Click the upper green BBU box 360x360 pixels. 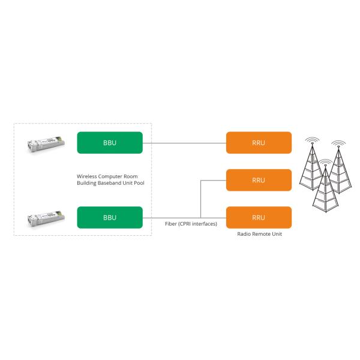coord(110,143)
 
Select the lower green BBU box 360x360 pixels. coord(110,217)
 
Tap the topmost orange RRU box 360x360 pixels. coord(259,143)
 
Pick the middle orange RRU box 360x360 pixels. coord(259,180)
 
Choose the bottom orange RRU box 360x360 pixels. coord(259,217)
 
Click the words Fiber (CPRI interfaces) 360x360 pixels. coord(191,224)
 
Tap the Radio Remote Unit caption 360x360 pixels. coord(259,234)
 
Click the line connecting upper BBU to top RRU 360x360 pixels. coord(184,143)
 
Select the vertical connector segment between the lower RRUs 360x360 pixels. coord(199,199)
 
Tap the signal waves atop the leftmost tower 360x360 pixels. coord(311,142)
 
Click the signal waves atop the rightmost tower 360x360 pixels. coord(338,145)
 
